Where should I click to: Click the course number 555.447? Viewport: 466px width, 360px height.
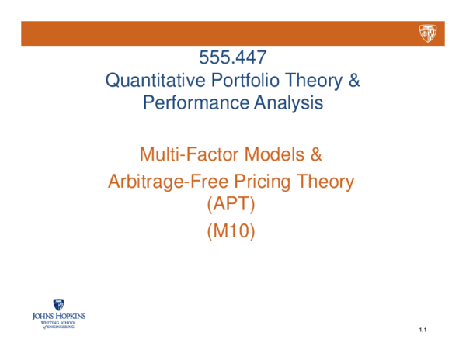point(233,57)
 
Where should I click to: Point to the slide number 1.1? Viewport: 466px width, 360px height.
point(423,331)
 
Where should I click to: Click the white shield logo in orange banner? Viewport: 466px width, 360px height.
point(428,33)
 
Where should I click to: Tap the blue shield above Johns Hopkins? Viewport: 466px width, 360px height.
point(58,306)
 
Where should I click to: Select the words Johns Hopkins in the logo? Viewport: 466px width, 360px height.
point(58,317)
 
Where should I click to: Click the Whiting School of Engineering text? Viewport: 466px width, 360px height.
point(58,325)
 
